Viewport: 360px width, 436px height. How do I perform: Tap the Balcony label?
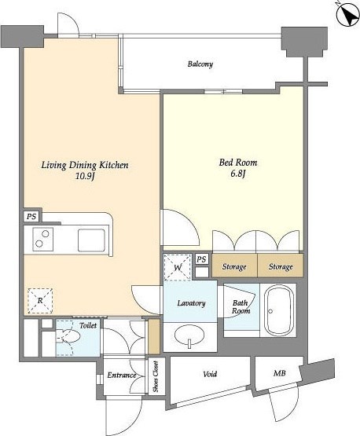(x=200, y=64)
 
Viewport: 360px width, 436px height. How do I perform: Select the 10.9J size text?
(x=86, y=176)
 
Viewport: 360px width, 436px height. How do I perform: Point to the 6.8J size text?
(x=237, y=174)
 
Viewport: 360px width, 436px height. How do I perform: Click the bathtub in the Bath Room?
(x=278, y=310)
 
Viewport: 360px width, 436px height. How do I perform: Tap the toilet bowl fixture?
(x=68, y=335)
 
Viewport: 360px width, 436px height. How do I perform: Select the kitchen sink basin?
(x=91, y=240)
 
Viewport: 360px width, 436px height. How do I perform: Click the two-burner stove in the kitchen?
(x=43, y=239)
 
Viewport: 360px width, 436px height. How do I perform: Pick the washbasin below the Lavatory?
(x=189, y=335)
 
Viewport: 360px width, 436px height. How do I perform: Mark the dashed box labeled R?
(x=40, y=301)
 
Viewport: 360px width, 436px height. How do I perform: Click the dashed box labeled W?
(x=178, y=267)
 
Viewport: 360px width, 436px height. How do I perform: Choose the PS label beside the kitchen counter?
(x=31, y=216)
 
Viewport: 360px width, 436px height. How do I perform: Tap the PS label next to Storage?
(x=202, y=259)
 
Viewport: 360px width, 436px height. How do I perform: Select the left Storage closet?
(x=234, y=266)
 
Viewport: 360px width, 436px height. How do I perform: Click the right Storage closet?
(x=280, y=266)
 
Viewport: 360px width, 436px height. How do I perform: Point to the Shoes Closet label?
(x=156, y=376)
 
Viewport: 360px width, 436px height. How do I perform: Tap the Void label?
(x=210, y=374)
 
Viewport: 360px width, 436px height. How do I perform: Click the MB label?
(x=280, y=373)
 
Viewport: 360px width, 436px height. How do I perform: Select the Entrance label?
(x=122, y=376)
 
